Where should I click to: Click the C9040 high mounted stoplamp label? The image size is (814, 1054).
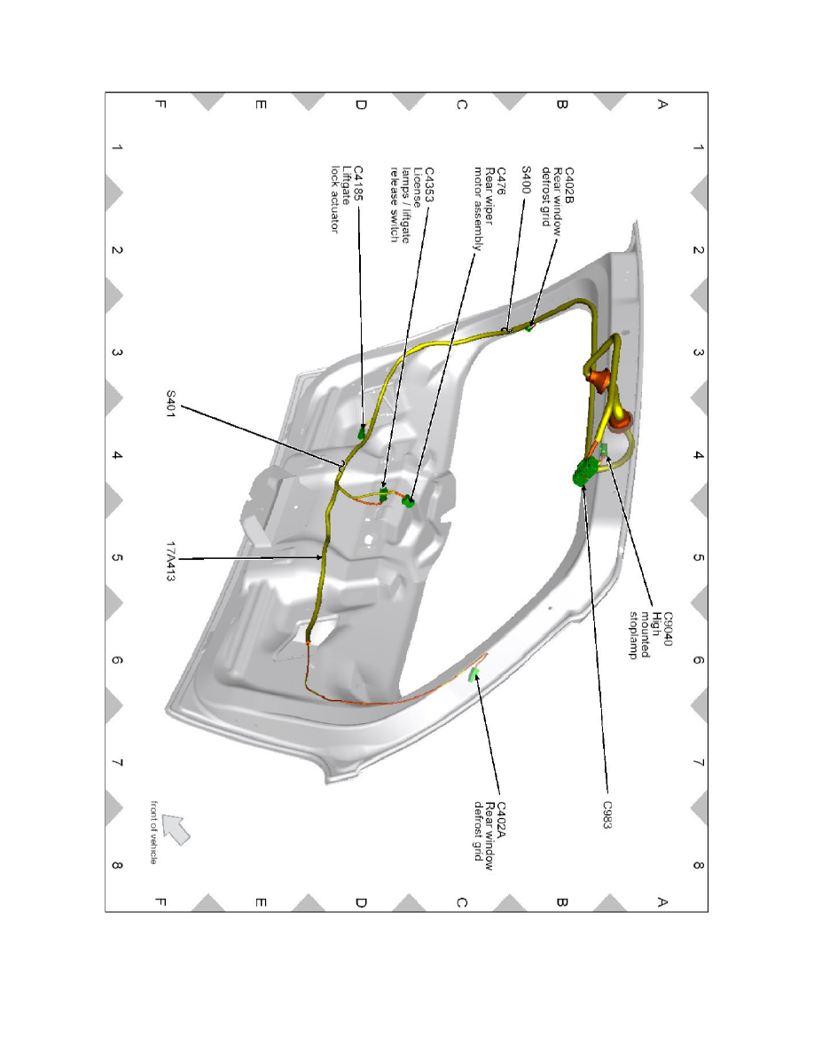[x=649, y=634]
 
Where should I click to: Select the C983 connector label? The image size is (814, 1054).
[x=607, y=814]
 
